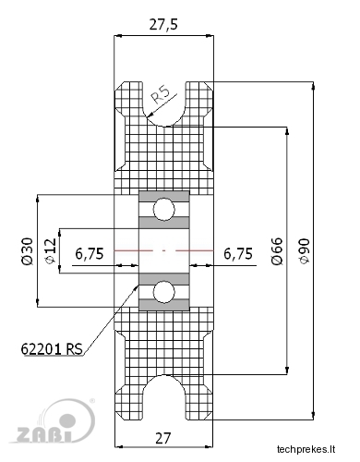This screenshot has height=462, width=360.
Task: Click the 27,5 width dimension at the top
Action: pyautogui.click(x=163, y=25)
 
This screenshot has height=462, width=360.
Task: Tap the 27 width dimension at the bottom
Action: pyautogui.click(x=163, y=438)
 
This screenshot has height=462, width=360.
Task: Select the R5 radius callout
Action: pyautogui.click(x=160, y=94)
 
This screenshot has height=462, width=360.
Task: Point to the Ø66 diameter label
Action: pyautogui.click(x=277, y=251)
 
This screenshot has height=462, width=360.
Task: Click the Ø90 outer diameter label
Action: pyautogui.click(x=305, y=251)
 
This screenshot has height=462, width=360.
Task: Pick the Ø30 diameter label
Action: pyautogui.click(x=27, y=251)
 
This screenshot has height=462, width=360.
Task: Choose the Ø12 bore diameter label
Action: pyautogui.click(x=51, y=251)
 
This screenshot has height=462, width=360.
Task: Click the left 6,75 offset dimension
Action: pyautogui.click(x=90, y=254)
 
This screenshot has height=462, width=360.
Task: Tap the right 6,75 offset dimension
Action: pyautogui.click(x=238, y=254)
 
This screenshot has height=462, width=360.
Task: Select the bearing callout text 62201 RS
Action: pyautogui.click(x=52, y=349)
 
